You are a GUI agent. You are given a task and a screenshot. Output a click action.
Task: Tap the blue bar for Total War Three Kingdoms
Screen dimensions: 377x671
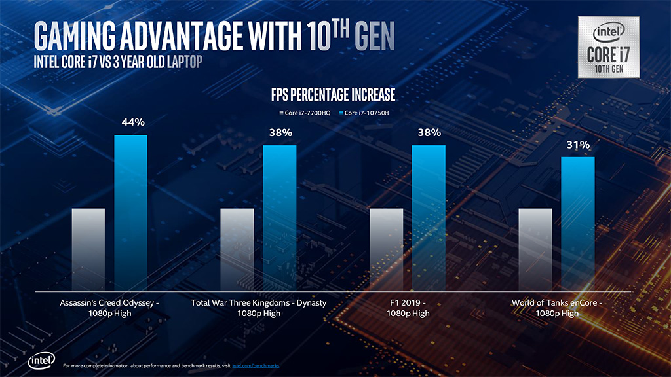(x=280, y=216)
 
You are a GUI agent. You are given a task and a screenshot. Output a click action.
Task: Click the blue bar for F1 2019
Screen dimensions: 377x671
(x=429, y=216)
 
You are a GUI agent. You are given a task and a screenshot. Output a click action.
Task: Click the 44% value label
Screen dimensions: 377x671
(x=131, y=122)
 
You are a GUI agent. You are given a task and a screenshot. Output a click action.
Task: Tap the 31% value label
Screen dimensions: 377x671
(x=578, y=145)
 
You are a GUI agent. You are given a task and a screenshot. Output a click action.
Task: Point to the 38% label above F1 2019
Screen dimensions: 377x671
(x=429, y=133)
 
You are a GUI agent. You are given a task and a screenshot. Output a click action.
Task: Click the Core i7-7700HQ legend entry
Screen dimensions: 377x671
(x=306, y=113)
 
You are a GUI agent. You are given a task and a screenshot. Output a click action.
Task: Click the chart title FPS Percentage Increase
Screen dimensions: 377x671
(x=333, y=96)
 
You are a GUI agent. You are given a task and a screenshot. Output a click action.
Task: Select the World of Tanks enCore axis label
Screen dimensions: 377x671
(x=556, y=308)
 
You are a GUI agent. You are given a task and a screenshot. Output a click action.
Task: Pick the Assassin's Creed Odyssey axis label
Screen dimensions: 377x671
(x=109, y=308)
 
